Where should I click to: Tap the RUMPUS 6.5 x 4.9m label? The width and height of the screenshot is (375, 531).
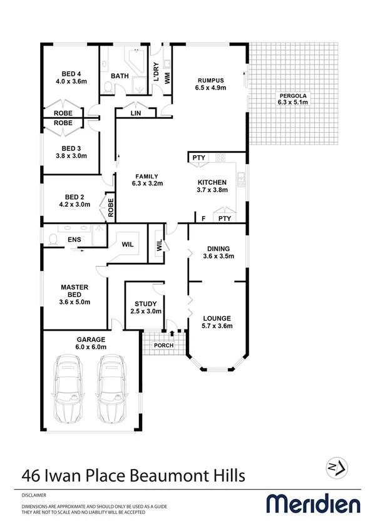(x=210, y=84)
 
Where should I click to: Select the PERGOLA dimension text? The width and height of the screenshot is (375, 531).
(x=293, y=101)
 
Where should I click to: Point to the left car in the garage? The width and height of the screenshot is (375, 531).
(x=69, y=390)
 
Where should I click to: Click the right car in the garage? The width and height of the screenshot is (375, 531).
(x=112, y=390)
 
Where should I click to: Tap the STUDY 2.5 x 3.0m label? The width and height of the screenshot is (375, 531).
(x=146, y=307)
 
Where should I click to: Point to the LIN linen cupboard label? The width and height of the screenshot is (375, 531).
(x=136, y=113)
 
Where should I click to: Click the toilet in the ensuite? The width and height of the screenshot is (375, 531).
(x=52, y=239)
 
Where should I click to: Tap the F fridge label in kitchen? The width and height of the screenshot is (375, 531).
(x=203, y=219)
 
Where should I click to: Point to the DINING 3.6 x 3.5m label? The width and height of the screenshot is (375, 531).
(x=218, y=252)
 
